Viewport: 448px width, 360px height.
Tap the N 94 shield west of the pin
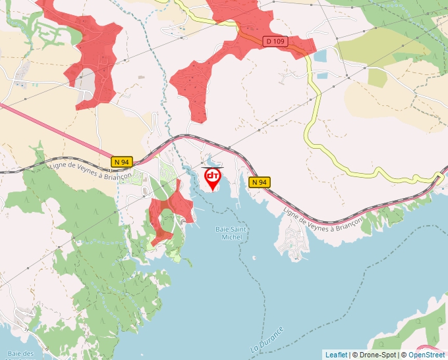click(122, 161)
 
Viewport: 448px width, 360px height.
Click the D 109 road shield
click(275, 41)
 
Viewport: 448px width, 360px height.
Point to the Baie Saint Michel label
click(232, 233)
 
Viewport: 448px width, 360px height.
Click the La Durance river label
click(267, 338)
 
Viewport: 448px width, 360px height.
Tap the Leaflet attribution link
click(336, 355)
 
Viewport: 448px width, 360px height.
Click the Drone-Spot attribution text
click(376, 355)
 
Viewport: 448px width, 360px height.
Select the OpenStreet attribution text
click(427, 355)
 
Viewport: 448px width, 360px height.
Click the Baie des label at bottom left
click(23, 353)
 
